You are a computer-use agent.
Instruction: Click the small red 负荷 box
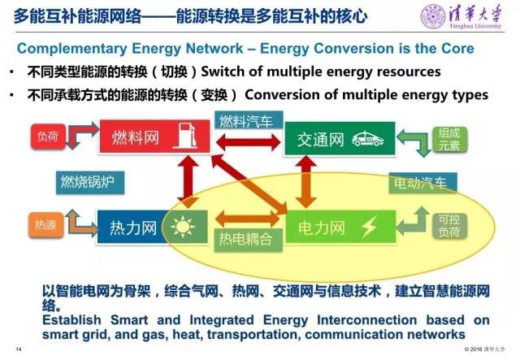(46, 137)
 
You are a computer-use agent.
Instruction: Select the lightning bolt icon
(372, 225)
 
